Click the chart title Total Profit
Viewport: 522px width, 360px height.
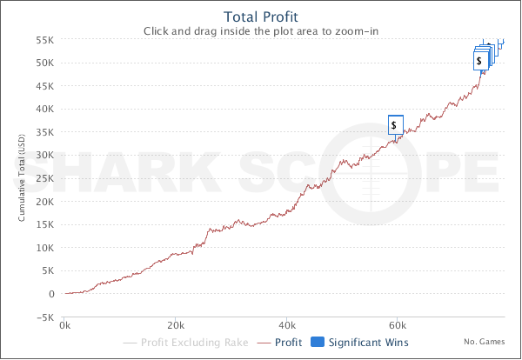click(261, 17)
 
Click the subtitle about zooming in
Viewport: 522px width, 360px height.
click(261, 30)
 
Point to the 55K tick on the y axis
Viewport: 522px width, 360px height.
click(46, 40)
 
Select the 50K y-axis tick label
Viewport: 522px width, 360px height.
click(46, 63)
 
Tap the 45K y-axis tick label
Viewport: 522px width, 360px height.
click(46, 86)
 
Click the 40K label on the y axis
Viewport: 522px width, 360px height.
click(46, 110)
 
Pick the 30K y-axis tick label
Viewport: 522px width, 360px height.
click(46, 156)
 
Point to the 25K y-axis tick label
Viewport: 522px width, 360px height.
click(46, 178)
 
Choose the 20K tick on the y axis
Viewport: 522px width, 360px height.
click(46, 202)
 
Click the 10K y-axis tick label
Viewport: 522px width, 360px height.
click(46, 248)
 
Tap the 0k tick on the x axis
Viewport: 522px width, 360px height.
click(66, 326)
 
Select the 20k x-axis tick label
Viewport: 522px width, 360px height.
click(177, 326)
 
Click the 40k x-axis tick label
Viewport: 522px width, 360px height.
click(287, 326)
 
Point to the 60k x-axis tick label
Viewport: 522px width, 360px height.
click(398, 326)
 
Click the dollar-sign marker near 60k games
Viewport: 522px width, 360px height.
click(396, 124)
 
